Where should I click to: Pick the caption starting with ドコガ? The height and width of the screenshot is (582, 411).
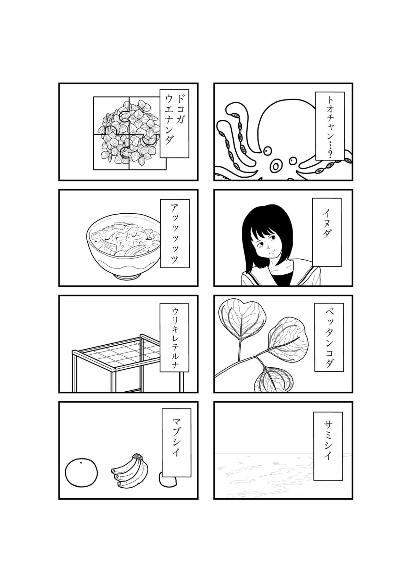click(174, 123)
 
